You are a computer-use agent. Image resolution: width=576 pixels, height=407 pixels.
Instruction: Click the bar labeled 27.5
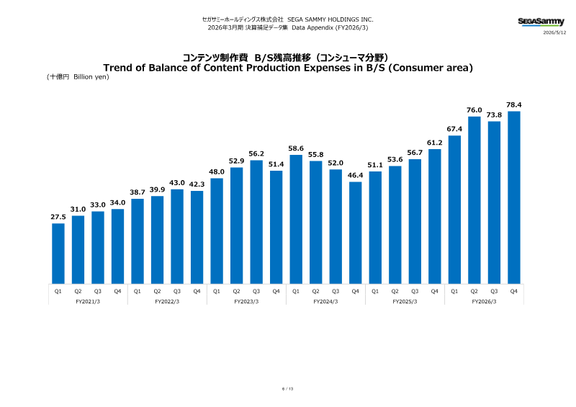click(58, 254)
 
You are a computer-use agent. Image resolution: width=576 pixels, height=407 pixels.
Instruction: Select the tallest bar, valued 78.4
click(514, 197)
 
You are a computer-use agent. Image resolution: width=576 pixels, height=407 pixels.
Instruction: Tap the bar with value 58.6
click(296, 219)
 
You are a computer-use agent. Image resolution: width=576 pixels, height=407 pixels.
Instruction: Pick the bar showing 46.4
click(355, 233)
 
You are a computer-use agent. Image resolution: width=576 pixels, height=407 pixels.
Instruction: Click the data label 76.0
click(474, 110)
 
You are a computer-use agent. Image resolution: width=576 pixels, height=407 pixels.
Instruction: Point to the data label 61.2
click(435, 143)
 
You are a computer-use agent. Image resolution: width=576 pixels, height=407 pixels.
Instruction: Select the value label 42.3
click(197, 184)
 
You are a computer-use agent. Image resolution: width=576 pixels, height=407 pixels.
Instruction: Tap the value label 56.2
click(256, 153)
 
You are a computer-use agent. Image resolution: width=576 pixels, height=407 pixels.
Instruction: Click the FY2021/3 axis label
click(88, 302)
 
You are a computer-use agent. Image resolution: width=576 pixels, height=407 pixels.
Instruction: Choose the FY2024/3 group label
click(325, 302)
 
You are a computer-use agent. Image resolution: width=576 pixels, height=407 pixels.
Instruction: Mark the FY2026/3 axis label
click(484, 302)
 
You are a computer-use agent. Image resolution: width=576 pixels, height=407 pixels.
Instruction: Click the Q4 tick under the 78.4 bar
click(514, 291)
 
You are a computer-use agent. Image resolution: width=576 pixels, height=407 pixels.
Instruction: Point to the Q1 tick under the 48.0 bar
click(217, 291)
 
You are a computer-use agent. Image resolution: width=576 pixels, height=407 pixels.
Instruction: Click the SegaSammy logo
click(541, 22)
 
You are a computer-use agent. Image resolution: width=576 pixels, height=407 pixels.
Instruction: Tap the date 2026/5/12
click(554, 32)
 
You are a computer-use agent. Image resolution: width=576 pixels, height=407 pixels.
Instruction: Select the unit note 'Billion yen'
click(90, 77)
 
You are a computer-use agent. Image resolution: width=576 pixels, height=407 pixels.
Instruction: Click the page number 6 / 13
click(287, 388)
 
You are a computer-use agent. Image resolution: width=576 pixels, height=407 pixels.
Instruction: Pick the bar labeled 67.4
click(454, 210)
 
